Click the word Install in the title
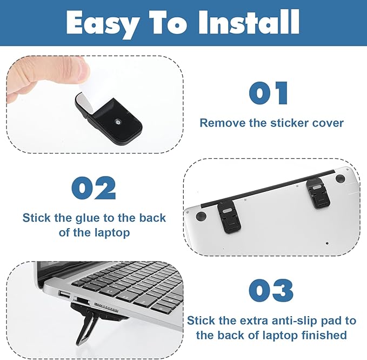click(x=249, y=22)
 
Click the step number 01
click(x=268, y=93)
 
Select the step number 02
click(x=94, y=188)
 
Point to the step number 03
click(x=271, y=290)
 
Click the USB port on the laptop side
click(x=64, y=295)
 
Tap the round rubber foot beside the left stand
click(x=201, y=216)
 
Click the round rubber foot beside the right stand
click(x=340, y=178)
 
